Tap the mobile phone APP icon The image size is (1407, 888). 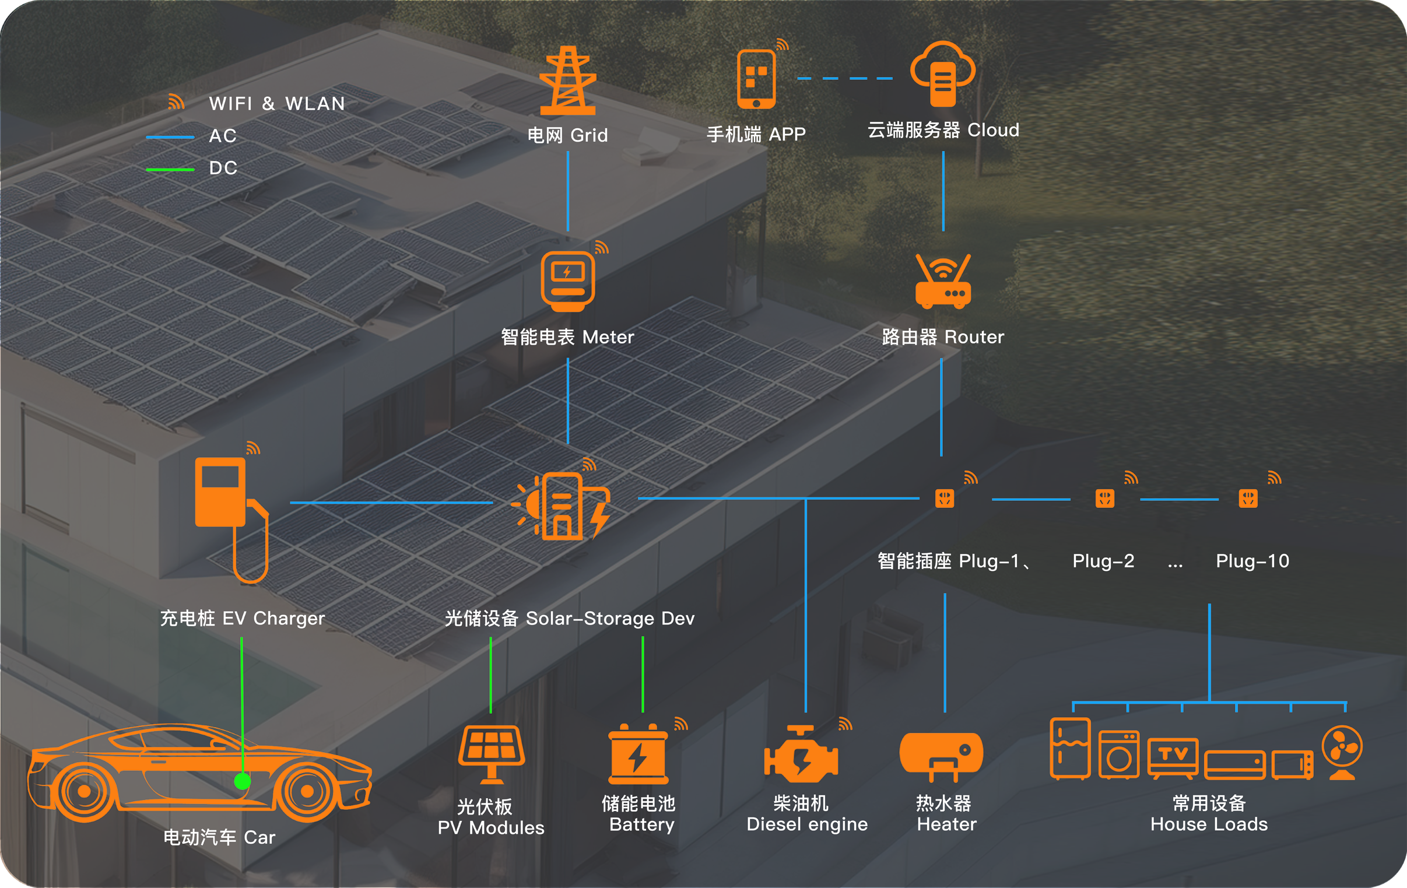[x=756, y=79]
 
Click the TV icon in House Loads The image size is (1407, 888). [x=1173, y=757]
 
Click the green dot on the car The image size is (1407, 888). [x=243, y=781]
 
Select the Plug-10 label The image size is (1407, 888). [x=1252, y=561]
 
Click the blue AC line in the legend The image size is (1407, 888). [x=170, y=137]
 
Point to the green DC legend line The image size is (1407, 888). [x=170, y=170]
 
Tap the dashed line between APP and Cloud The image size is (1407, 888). [x=845, y=78]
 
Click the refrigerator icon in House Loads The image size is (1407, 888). [x=1070, y=749]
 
